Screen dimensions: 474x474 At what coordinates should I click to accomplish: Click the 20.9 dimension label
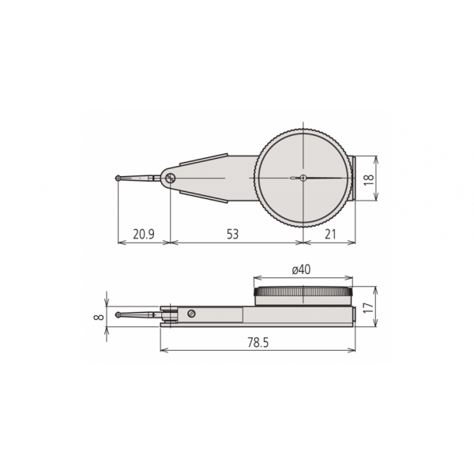click(144, 234)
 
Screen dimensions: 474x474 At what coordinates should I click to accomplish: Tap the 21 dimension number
click(330, 234)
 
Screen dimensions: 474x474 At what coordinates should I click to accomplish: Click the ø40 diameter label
click(300, 269)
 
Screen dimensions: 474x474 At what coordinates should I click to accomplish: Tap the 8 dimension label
click(97, 316)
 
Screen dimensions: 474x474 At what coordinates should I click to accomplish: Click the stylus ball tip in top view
click(118, 179)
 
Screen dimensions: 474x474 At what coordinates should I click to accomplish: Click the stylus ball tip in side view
click(118, 316)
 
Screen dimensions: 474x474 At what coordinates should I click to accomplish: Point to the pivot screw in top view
click(170, 179)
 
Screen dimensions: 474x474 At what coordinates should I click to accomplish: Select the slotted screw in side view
click(192, 314)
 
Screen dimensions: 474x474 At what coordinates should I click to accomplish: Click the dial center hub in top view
click(302, 179)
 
